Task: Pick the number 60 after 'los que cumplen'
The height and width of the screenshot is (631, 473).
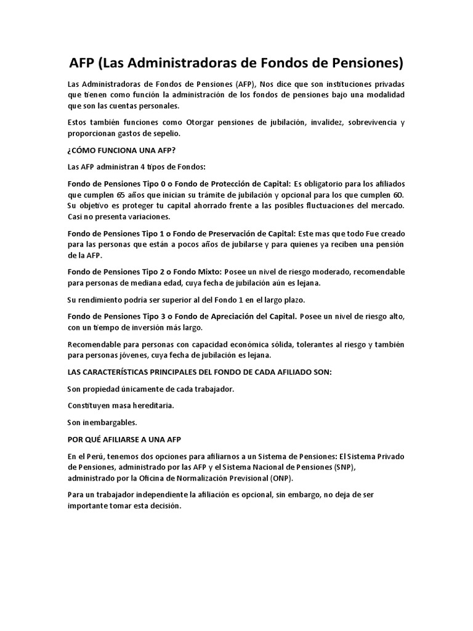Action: tap(398, 194)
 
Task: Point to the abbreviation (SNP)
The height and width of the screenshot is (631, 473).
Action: tap(354, 467)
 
